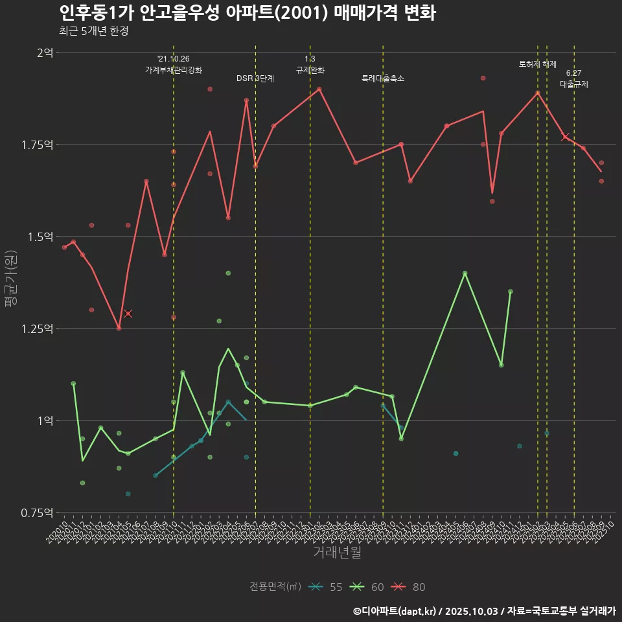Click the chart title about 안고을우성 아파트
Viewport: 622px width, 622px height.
(x=247, y=13)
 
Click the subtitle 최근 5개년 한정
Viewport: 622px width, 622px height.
(x=93, y=30)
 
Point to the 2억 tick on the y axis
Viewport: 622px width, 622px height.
(x=45, y=52)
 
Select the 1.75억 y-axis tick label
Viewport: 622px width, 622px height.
(x=37, y=144)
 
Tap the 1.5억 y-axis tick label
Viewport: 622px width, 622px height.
(x=40, y=236)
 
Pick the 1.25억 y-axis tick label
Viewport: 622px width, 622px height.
(x=37, y=328)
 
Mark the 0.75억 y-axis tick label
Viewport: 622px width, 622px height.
(x=37, y=513)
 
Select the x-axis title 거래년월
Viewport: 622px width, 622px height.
(x=337, y=552)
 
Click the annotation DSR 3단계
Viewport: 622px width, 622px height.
(x=255, y=78)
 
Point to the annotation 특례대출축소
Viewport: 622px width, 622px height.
(x=383, y=78)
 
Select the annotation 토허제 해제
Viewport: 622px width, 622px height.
(x=538, y=64)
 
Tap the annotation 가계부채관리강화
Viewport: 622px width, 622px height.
(x=174, y=70)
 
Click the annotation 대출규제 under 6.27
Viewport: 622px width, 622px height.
(x=574, y=85)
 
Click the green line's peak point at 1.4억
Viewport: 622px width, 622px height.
(x=465, y=273)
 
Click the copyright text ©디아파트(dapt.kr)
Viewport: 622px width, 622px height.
(x=395, y=610)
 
